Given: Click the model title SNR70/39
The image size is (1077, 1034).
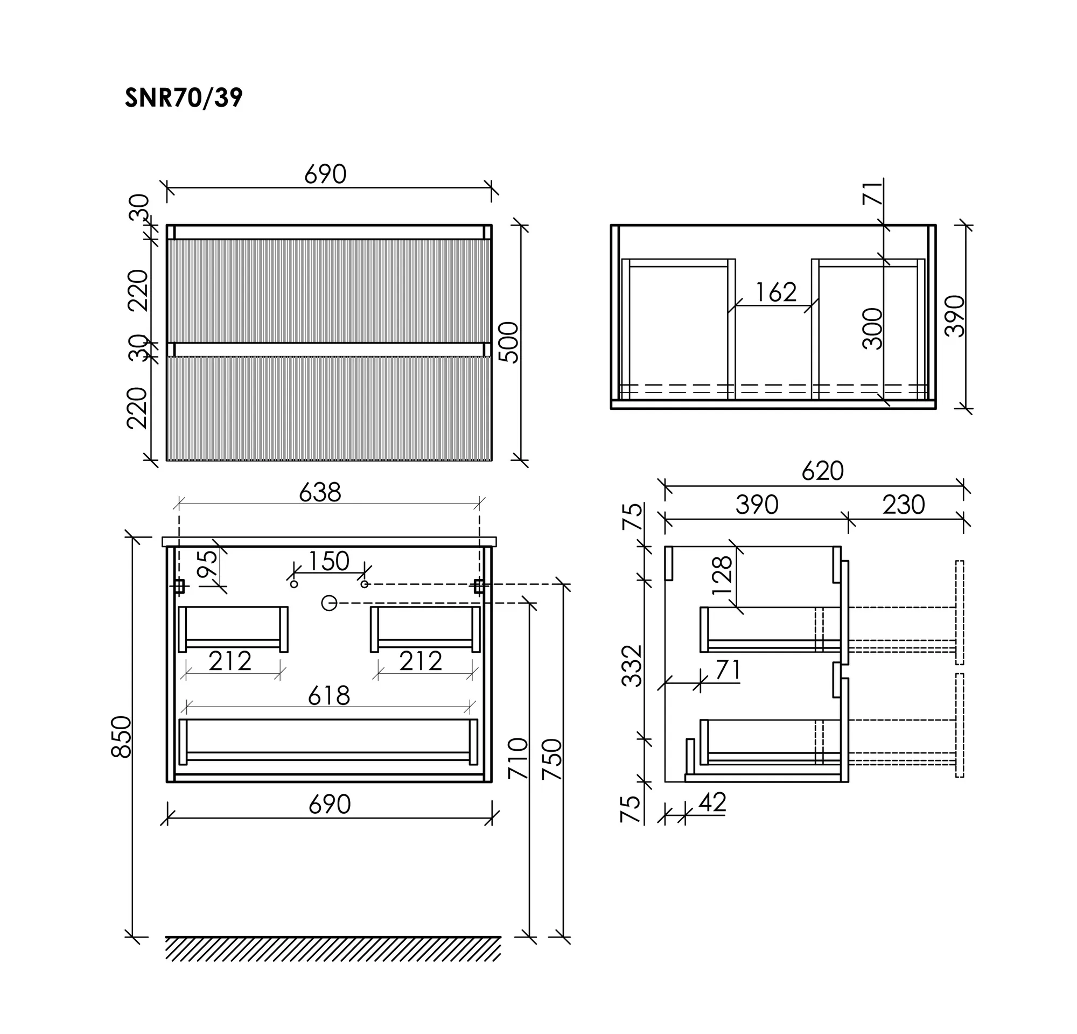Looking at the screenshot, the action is tap(184, 99).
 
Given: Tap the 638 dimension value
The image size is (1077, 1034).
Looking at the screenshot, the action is tap(320, 492).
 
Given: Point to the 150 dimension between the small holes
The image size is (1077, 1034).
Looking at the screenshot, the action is tap(328, 561).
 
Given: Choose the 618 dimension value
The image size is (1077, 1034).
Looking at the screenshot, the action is tap(328, 696).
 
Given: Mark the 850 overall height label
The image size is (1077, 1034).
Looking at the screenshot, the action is tap(122, 737).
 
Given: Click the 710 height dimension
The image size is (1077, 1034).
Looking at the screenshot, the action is tap(518, 758).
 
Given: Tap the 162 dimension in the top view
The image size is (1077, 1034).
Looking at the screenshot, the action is tap(776, 292).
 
